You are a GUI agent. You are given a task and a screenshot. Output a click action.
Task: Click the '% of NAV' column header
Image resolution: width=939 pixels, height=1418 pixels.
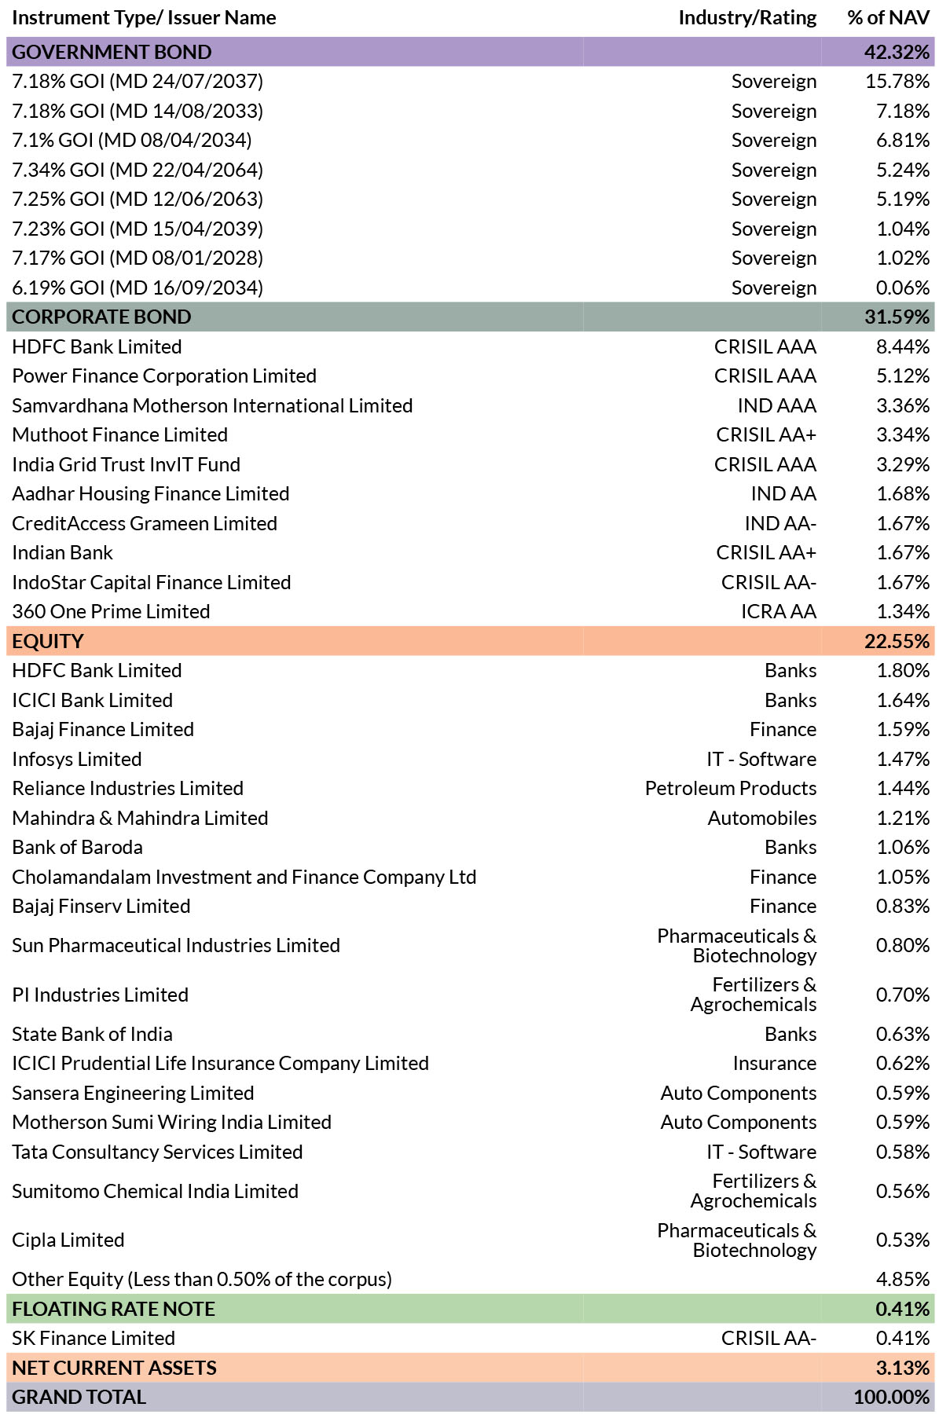click(889, 18)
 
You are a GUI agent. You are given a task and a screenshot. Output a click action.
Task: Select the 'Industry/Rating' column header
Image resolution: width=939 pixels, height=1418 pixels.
click(747, 18)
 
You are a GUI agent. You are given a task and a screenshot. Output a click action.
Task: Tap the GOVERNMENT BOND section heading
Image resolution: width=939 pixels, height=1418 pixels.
click(112, 52)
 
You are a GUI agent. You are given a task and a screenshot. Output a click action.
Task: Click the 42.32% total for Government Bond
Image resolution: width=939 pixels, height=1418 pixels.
click(897, 52)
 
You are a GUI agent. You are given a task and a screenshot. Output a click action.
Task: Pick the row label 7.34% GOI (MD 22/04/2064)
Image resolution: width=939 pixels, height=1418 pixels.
click(138, 170)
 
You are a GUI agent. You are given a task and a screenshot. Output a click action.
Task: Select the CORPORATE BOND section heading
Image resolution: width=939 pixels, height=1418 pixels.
click(101, 317)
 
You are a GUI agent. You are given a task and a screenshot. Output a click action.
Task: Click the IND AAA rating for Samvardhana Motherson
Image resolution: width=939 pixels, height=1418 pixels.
click(776, 405)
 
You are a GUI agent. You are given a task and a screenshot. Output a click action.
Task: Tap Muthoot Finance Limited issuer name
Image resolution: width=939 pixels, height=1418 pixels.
click(119, 435)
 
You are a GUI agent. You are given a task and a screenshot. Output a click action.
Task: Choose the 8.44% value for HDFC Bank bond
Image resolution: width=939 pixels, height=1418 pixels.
click(903, 346)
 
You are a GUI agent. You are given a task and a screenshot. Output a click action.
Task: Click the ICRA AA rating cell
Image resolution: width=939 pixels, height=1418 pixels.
click(778, 612)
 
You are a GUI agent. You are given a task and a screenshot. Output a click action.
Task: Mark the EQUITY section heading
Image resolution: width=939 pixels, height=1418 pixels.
click(48, 641)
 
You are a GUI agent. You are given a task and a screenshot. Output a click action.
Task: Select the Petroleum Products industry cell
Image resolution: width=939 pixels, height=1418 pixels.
click(731, 789)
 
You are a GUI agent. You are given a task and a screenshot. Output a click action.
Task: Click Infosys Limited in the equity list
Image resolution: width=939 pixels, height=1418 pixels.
click(77, 759)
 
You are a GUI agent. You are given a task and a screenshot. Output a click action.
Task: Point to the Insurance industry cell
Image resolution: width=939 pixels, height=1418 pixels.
click(775, 1064)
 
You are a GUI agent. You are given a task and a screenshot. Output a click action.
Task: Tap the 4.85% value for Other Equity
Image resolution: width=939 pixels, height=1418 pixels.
click(903, 1280)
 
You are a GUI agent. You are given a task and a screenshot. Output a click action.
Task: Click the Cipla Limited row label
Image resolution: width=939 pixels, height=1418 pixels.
click(68, 1240)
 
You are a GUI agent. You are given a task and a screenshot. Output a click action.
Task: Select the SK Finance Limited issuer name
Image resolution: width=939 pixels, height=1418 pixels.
click(94, 1339)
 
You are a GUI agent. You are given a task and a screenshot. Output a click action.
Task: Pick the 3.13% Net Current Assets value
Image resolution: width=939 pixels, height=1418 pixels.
click(903, 1368)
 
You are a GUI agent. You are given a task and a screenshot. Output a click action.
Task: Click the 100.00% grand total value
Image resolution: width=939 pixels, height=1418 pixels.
click(892, 1398)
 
